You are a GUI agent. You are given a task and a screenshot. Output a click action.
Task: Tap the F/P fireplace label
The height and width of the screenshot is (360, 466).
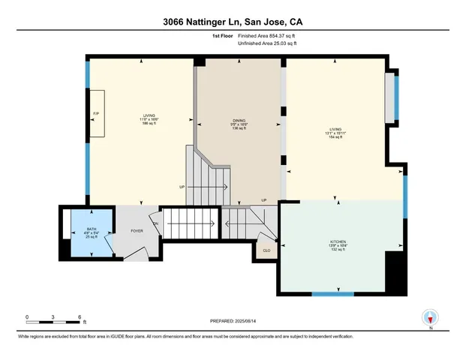pos(95,114)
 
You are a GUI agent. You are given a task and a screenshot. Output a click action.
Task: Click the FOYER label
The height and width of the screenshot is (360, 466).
pos(137,231)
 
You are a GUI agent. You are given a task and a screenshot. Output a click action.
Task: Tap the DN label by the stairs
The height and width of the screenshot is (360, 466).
pos(156,224)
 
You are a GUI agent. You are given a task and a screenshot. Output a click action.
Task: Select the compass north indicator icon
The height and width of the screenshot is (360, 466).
pos(430,318)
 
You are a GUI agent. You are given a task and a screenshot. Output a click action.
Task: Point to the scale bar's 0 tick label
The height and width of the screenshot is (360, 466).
pos(27,316)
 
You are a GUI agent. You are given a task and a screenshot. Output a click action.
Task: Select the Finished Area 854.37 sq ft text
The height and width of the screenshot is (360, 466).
pos(269,35)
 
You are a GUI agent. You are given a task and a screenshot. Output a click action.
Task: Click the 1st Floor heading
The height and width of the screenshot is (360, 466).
pos(223,35)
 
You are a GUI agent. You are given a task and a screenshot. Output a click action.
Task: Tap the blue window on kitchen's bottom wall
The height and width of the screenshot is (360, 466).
pos(332,292)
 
